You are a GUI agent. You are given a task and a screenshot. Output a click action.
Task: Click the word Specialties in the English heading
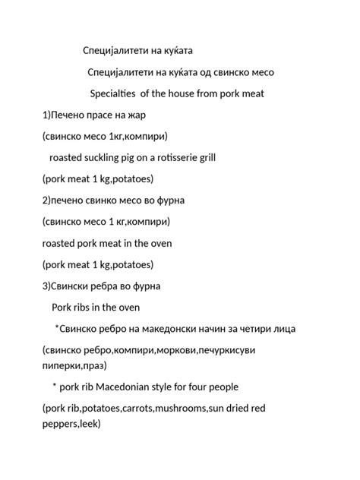115,94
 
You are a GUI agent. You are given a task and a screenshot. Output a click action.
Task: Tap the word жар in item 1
136,115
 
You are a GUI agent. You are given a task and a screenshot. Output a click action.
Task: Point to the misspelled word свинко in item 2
106,201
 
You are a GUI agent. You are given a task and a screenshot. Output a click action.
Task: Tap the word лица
285,329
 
